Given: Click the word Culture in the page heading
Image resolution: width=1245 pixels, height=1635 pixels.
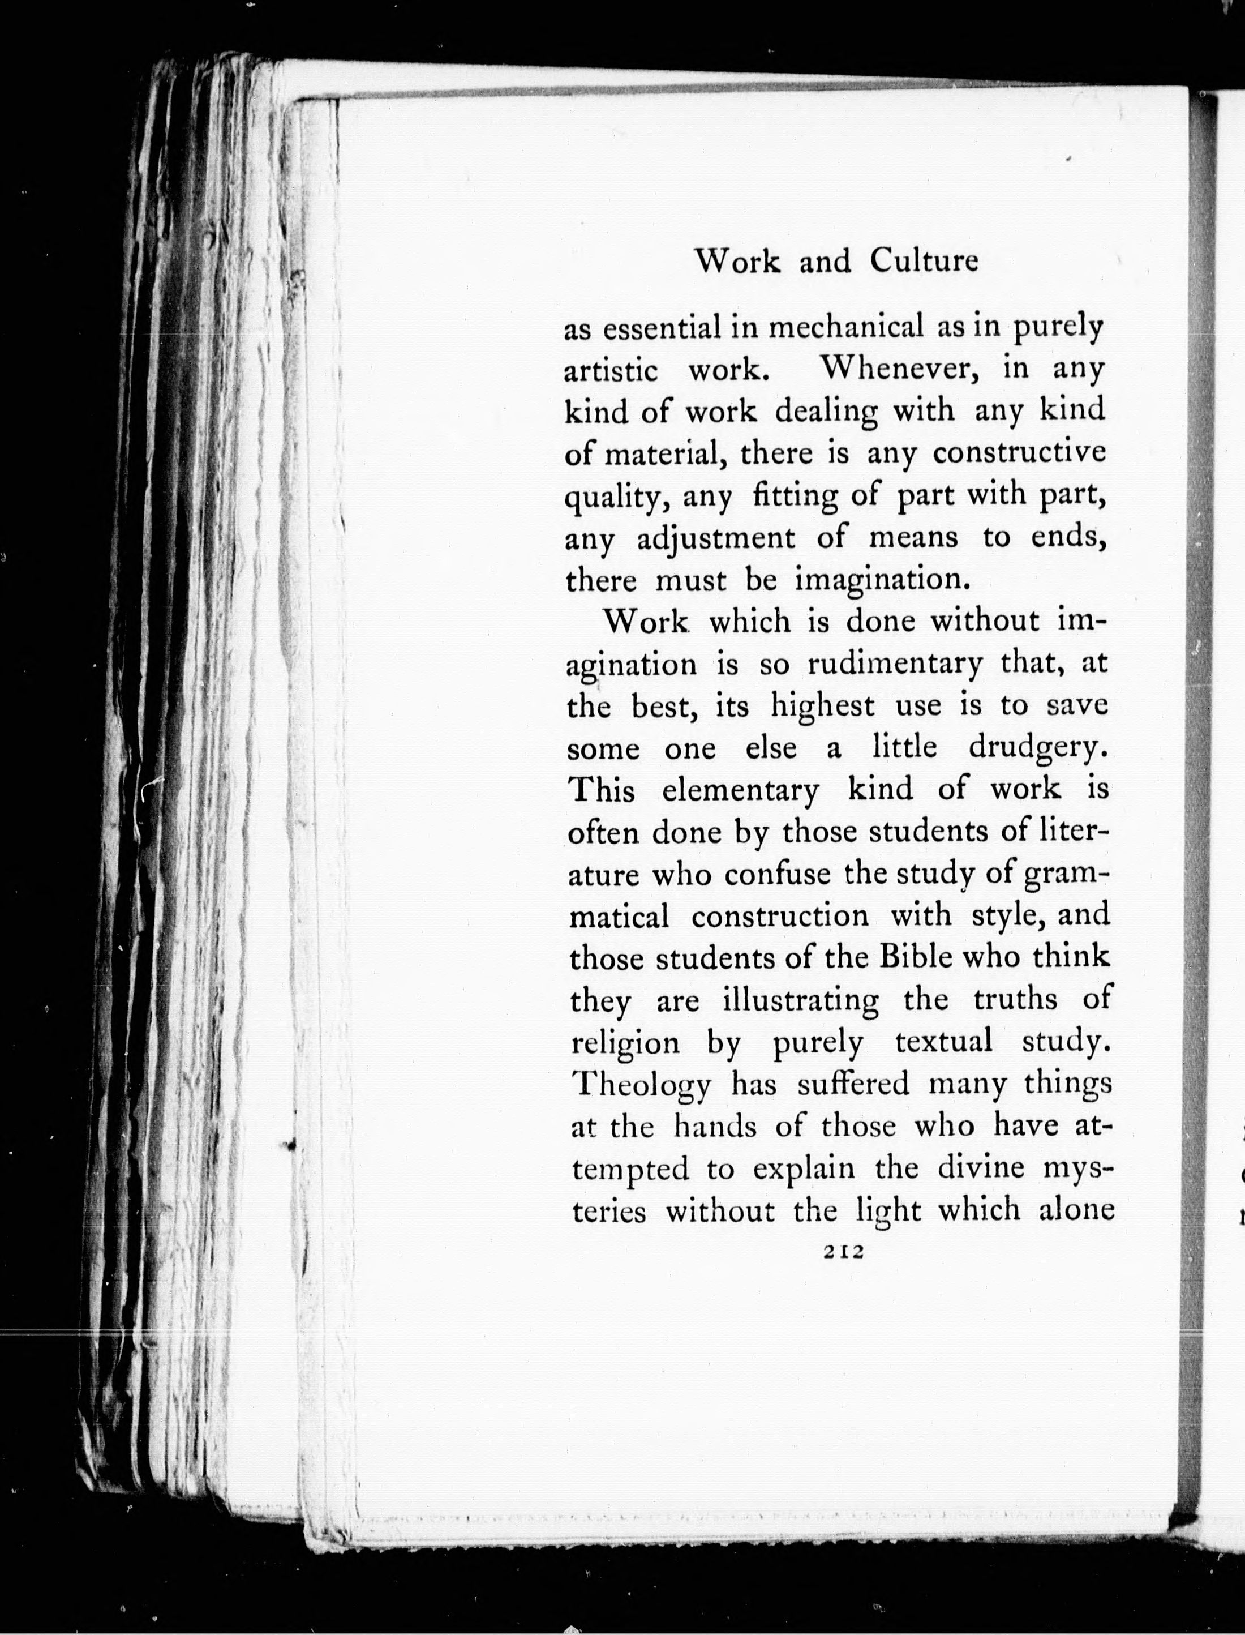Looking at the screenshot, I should pyautogui.click(x=924, y=261).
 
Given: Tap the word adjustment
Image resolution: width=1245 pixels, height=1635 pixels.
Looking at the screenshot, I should pyautogui.click(x=716, y=537).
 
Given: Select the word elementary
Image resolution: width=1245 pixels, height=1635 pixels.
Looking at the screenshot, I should pyautogui.click(x=740, y=791).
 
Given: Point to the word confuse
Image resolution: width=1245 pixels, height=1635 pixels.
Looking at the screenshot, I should pyautogui.click(x=778, y=875).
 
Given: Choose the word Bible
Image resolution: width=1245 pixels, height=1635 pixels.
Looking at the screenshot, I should pyautogui.click(x=915, y=958).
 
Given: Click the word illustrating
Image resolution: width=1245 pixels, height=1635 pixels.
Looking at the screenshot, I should pyautogui.click(x=800, y=1000).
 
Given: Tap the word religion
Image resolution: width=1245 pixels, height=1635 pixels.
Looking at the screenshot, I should pyautogui.click(x=625, y=1043).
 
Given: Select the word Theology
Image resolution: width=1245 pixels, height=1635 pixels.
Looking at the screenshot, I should pyautogui.click(x=642, y=1086).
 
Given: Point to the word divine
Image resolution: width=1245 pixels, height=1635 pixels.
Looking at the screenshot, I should pyautogui.click(x=980, y=1169).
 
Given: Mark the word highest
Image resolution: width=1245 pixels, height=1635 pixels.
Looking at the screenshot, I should pyautogui.click(x=823, y=707).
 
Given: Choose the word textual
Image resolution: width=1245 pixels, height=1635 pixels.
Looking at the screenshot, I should pyautogui.click(x=943, y=1042).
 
